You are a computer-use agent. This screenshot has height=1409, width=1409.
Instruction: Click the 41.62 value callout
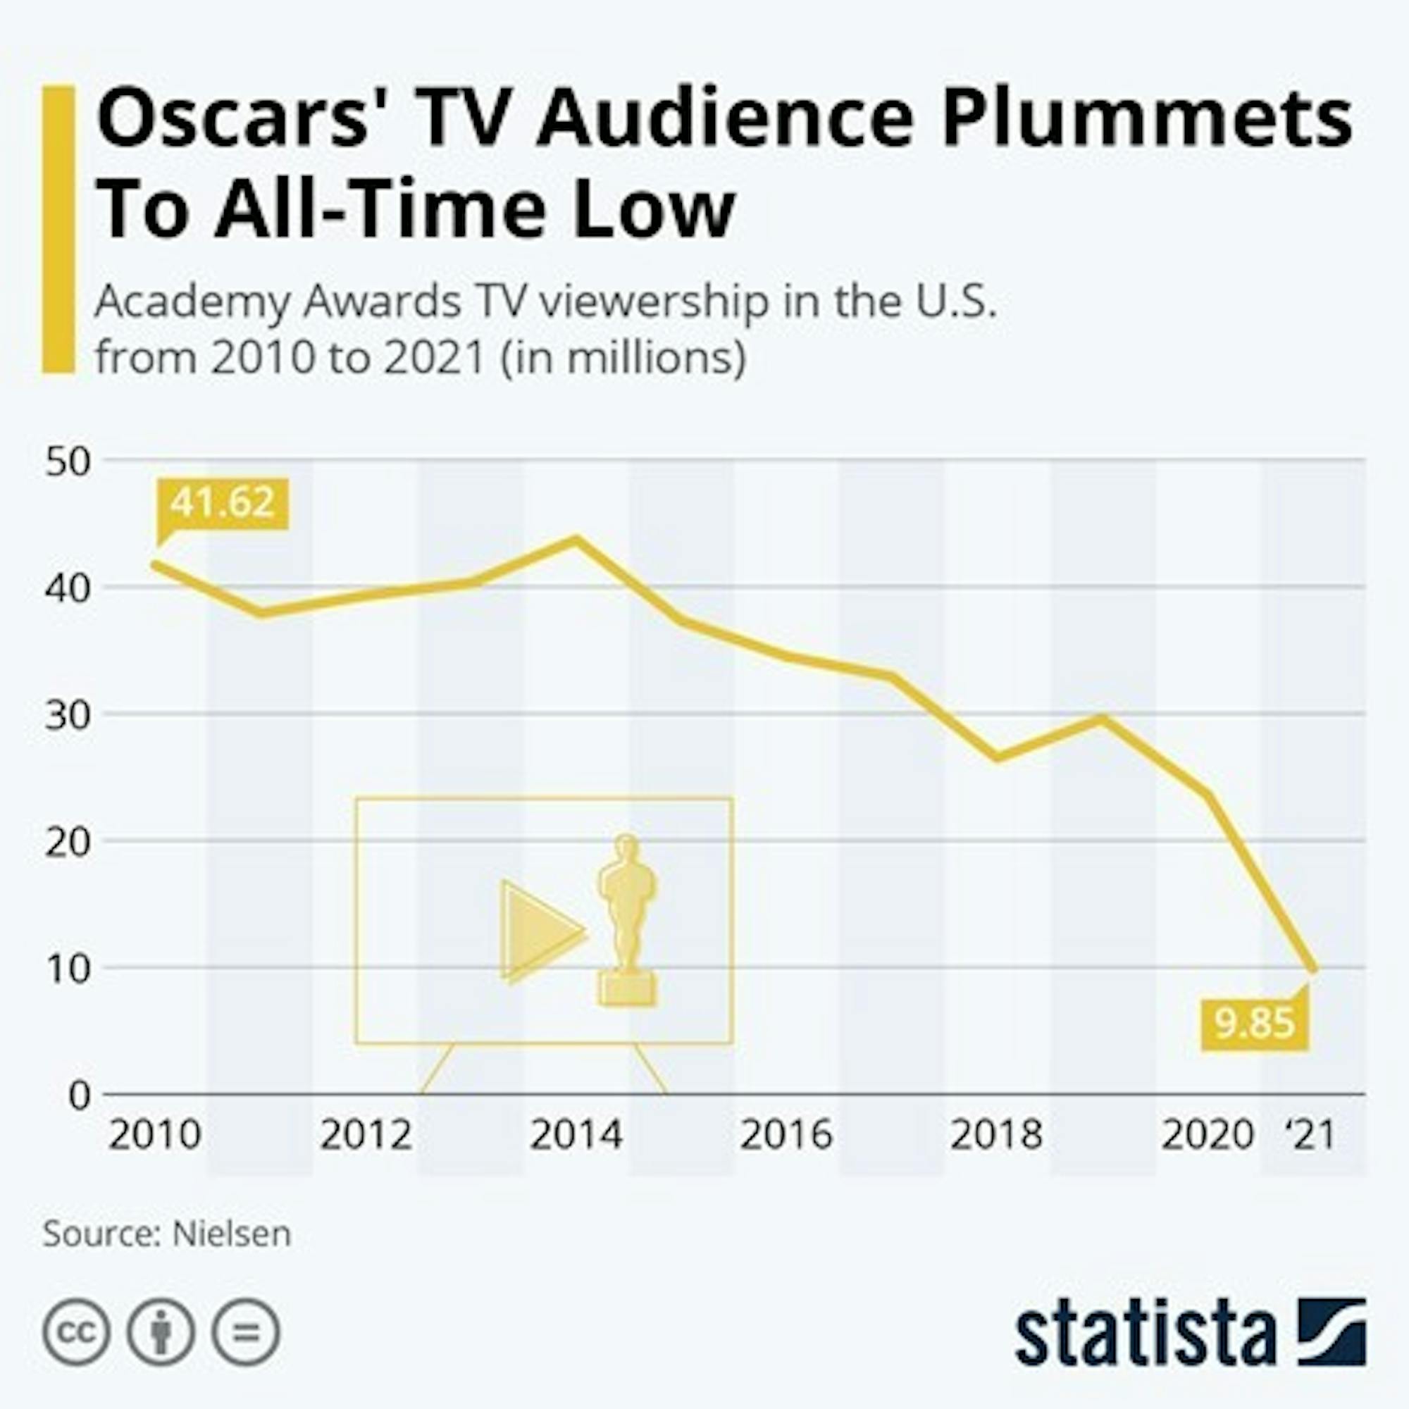[223, 503]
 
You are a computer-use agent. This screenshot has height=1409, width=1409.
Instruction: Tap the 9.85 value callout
[1255, 1023]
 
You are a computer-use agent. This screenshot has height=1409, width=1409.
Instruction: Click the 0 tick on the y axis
[80, 1095]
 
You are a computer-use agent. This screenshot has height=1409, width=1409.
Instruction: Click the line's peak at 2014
[576, 540]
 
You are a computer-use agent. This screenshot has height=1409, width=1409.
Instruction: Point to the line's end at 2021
[1313, 969]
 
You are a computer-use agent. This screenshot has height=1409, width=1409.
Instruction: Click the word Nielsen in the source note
[231, 1234]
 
